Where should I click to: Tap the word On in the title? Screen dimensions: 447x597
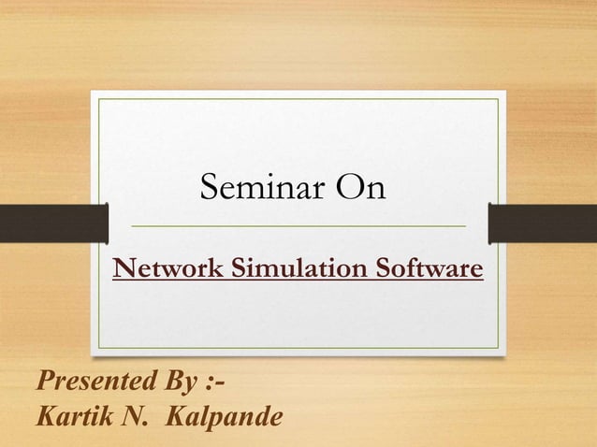point(360,190)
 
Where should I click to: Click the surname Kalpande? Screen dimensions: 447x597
point(221,416)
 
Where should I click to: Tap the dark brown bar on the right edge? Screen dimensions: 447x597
point(543,222)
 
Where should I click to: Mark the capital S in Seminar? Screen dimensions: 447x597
point(209,190)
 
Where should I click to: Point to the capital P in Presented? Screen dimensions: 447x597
point(43,383)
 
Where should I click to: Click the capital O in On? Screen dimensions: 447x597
point(349,190)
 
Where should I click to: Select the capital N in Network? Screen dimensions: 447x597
point(123,271)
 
